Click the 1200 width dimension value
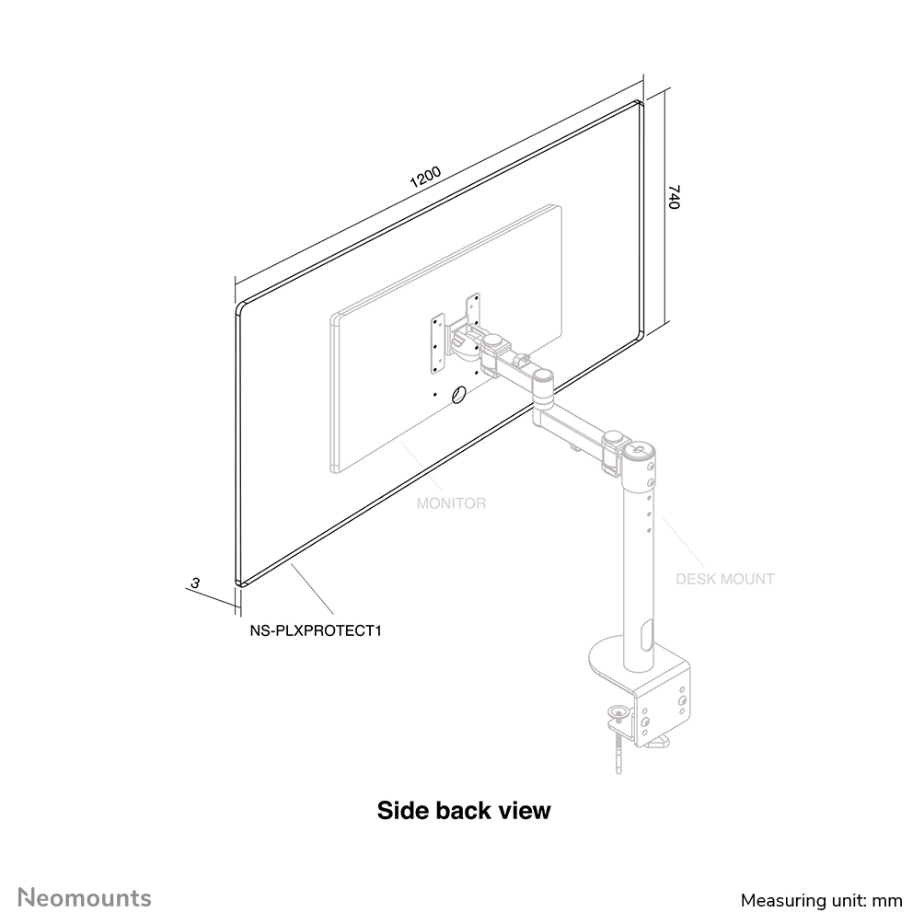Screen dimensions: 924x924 425,176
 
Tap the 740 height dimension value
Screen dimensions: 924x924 675,197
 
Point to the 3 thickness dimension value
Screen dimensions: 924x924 195,583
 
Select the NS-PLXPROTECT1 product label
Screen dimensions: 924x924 316,630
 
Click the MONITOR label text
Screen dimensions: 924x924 451,503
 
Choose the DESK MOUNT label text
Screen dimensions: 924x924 725,579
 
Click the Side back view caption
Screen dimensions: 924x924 464,810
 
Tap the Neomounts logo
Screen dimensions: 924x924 85,898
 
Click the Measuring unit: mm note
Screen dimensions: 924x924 822,900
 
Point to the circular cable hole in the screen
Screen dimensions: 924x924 458,394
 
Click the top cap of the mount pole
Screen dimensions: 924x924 640,452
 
